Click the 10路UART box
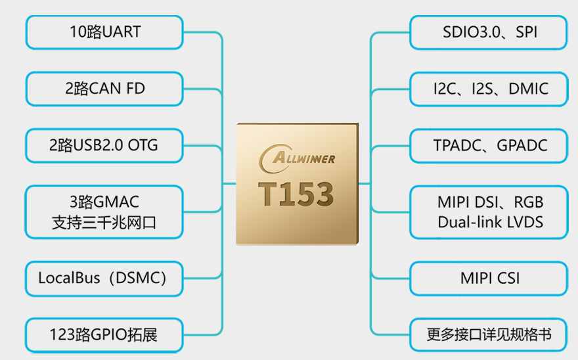[104, 32]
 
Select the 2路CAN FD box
[104, 89]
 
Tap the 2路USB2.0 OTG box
[104, 146]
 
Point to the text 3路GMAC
[104, 202]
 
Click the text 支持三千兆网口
[104, 223]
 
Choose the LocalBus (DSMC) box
[104, 279]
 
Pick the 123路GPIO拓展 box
[104, 335]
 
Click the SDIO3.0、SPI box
[489, 32]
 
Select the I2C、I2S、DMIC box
[489, 89]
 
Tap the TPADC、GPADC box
[489, 146]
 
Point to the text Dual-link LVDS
[490, 222]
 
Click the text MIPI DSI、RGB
[490, 202]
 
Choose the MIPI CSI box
[489, 279]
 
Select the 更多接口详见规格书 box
[489, 335]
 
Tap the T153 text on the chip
[296, 194]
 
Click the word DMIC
[528, 89]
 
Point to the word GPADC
[522, 146]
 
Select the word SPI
[526, 32]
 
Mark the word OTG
[143, 145]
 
